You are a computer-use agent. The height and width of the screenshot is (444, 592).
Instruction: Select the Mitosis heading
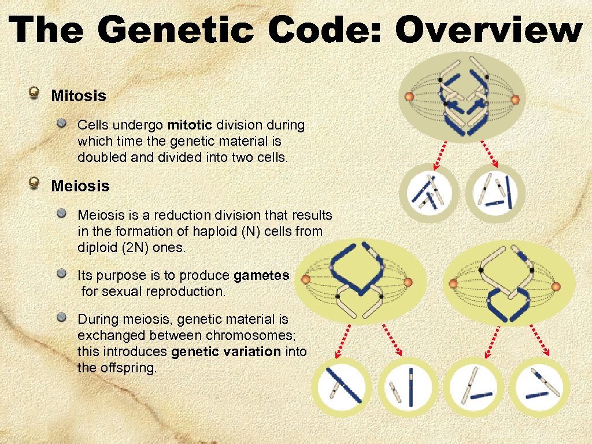(x=79, y=96)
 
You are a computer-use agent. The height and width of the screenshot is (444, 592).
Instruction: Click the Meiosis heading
(x=80, y=186)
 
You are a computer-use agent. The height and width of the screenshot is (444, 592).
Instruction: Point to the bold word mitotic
(x=190, y=125)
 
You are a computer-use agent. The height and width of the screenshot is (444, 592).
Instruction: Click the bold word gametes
(x=261, y=275)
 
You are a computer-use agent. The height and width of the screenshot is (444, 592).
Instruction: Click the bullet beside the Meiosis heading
(x=36, y=184)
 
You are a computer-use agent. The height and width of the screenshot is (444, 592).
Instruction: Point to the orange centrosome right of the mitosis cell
(x=515, y=99)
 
